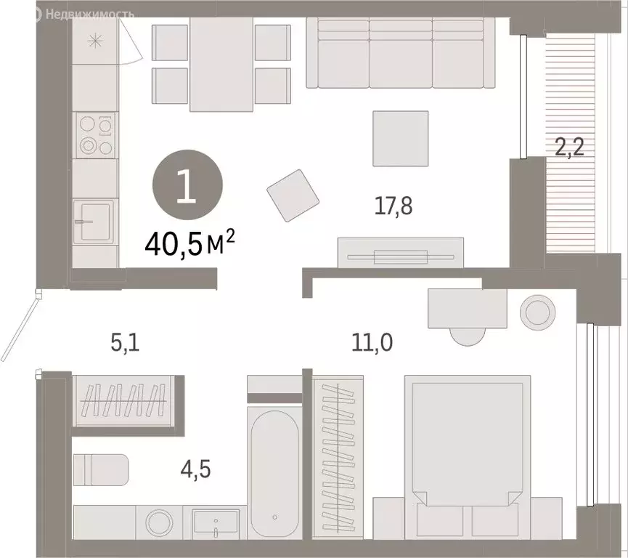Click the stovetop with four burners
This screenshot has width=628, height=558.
coord(95,136)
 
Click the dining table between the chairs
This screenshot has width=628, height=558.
coord(221,65)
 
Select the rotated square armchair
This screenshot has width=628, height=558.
coord(294,195)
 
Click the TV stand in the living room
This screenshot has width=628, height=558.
coord(400,254)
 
